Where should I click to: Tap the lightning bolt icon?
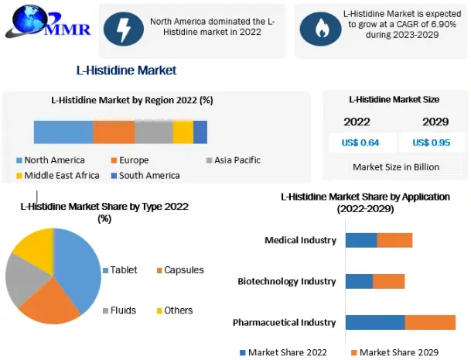[x=123, y=29]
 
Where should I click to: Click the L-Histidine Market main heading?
[x=126, y=70]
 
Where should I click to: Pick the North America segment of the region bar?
[x=63, y=132]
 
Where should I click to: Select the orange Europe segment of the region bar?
[x=114, y=132]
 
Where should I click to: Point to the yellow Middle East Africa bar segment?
[x=183, y=132]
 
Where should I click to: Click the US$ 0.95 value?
[x=431, y=142]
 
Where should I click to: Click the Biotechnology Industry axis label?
[x=287, y=281]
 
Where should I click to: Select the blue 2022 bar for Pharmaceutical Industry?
[x=375, y=322]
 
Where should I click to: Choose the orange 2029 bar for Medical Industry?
[x=394, y=240]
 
